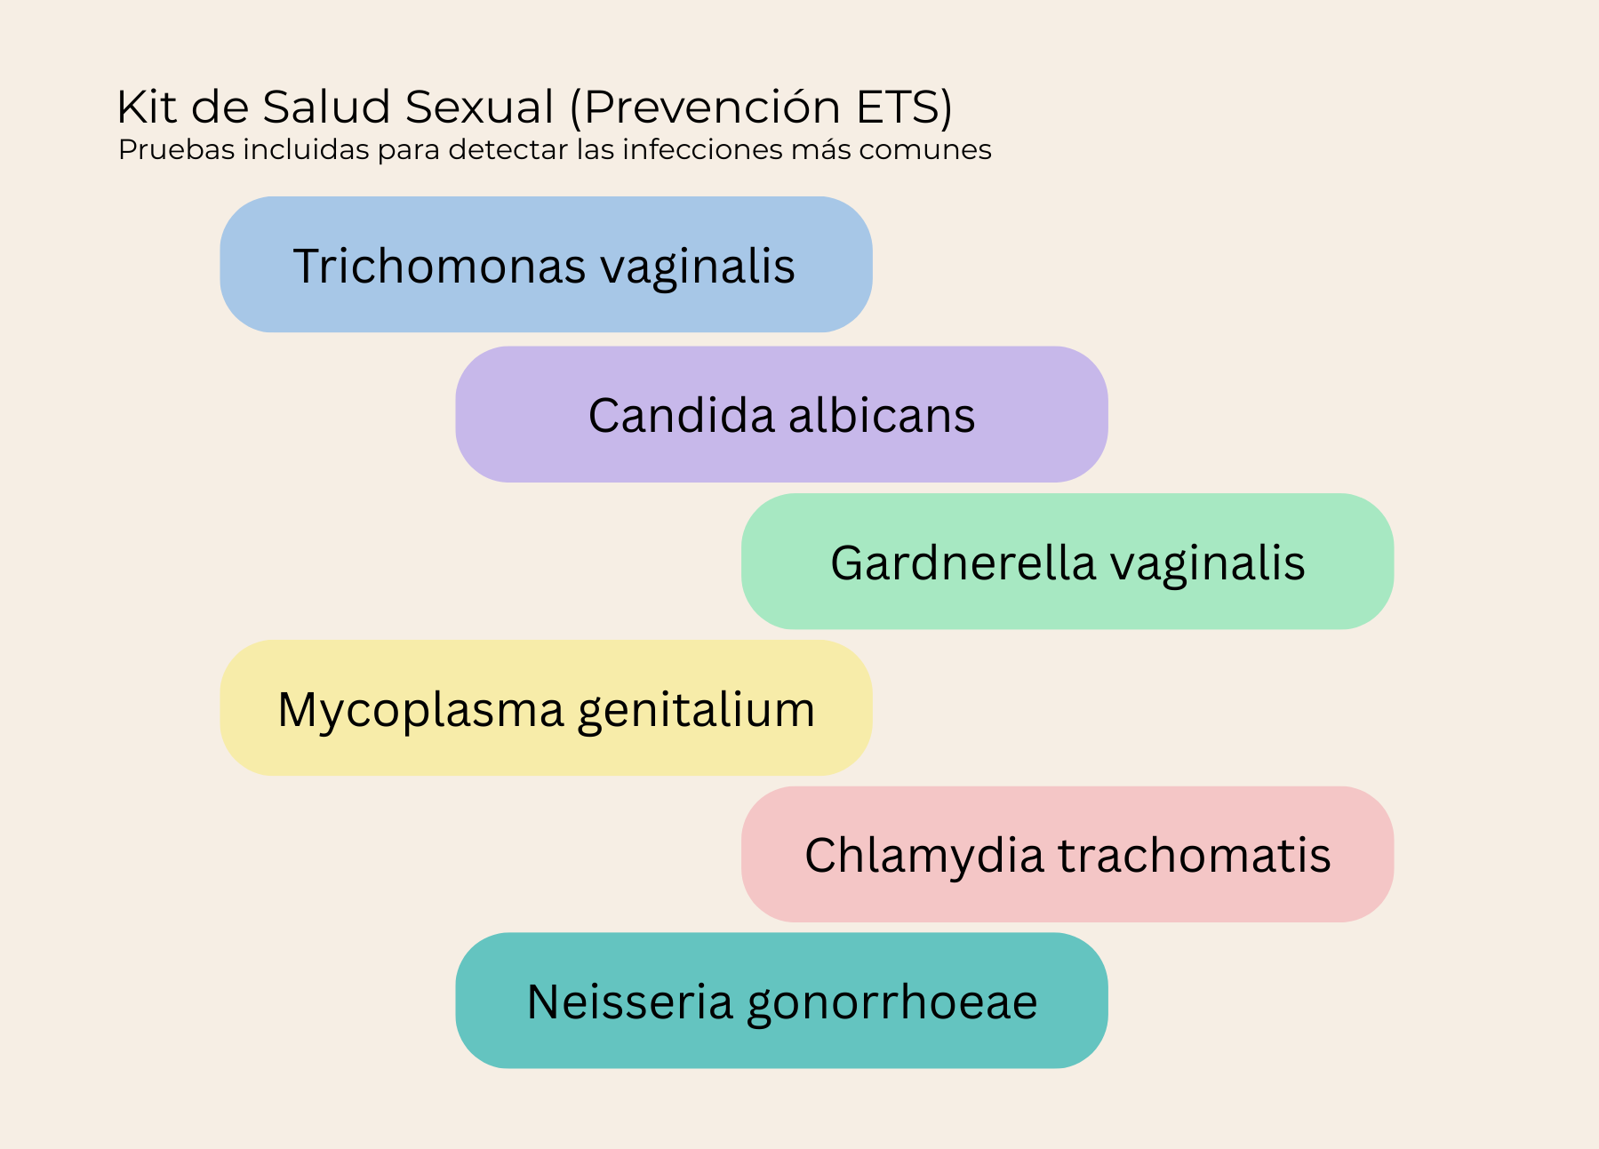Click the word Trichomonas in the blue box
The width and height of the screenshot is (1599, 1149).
[x=439, y=266]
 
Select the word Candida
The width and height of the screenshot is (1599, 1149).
[x=681, y=415]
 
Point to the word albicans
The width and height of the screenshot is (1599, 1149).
[x=882, y=415]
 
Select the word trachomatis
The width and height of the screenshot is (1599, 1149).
[x=1195, y=855]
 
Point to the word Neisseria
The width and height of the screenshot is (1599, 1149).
[x=630, y=1001]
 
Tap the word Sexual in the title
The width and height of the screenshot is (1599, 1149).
[x=480, y=107]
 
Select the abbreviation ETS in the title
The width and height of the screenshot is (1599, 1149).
[x=898, y=107]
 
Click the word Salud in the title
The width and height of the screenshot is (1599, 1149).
[x=326, y=107]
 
